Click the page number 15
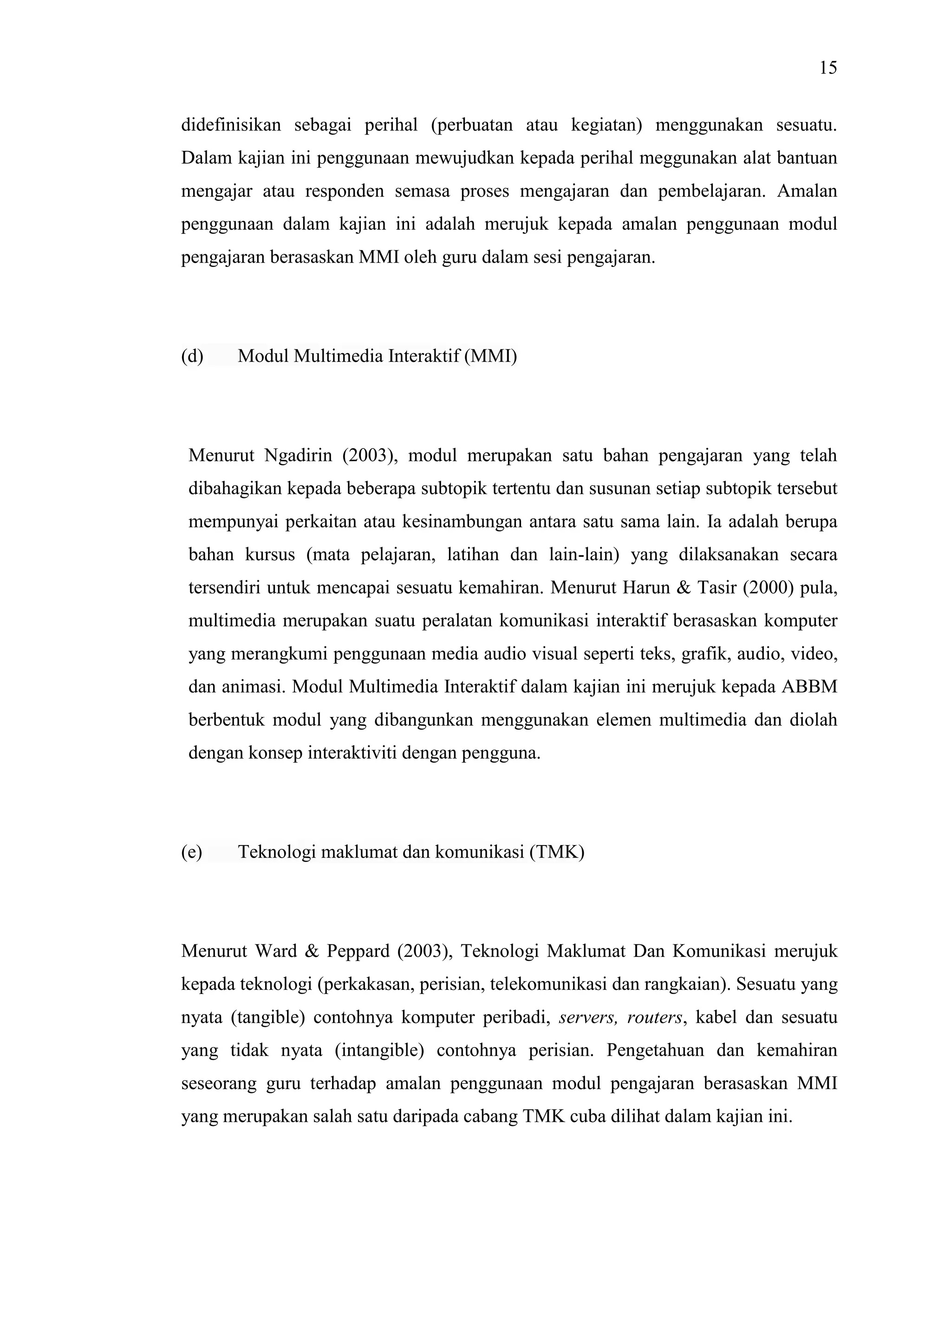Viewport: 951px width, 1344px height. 828,69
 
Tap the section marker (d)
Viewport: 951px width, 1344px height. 192,356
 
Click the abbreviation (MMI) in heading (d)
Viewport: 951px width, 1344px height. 491,356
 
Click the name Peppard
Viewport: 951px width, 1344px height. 358,952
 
